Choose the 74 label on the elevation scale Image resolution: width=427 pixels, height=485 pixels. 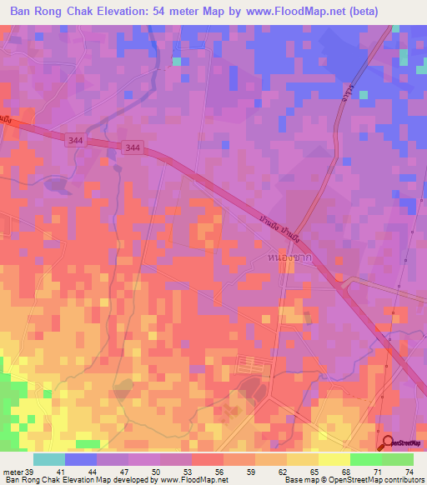pyautogui.click(x=409, y=471)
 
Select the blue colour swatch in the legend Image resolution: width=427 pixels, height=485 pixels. pyautogui.click(x=80, y=459)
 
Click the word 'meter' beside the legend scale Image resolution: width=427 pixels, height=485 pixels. pyautogui.click(x=11, y=471)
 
